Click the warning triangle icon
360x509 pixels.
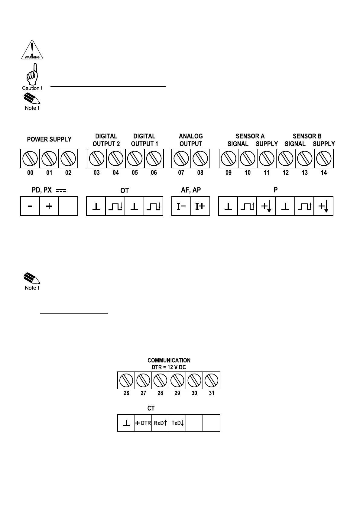tap(32, 50)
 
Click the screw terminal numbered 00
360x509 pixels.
tap(30, 158)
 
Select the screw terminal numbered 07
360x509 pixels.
tap(181, 158)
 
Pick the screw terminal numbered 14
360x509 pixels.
tap(324, 158)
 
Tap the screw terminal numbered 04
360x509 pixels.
tap(116, 158)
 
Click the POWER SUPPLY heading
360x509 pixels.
tap(49, 139)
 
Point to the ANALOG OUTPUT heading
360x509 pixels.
tap(191, 140)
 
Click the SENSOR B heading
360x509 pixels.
tap(307, 136)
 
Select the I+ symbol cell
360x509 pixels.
tap(200, 206)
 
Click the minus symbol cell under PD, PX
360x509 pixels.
tap(30, 206)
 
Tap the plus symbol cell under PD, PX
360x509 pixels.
tap(49, 206)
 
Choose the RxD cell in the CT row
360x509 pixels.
tap(160, 423)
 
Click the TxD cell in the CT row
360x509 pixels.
tap(177, 423)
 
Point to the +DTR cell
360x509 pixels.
tap(143, 423)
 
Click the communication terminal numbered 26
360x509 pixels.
tap(126, 380)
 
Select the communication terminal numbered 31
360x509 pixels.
tap(212, 380)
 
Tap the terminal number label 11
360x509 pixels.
tap(267, 173)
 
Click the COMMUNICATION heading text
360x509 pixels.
tap(169, 360)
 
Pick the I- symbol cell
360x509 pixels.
tap(181, 206)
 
